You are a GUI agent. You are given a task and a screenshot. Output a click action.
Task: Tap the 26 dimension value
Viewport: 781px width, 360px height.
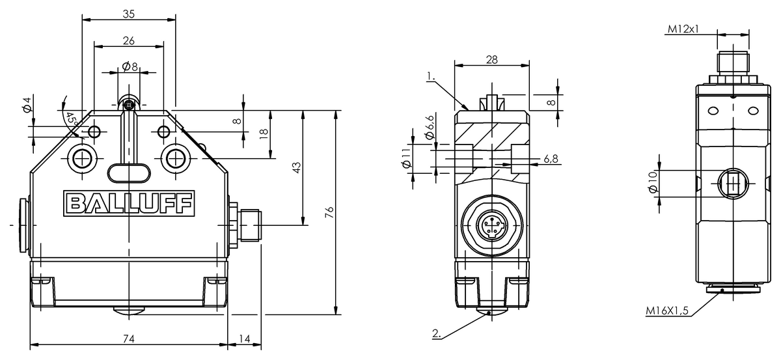tap(128, 40)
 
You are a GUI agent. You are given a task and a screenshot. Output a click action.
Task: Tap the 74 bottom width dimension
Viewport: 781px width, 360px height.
tap(128, 339)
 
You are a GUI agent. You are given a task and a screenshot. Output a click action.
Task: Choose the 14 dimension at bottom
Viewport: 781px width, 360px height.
tap(244, 339)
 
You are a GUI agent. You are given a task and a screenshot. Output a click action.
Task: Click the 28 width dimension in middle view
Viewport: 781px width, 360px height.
tap(491, 59)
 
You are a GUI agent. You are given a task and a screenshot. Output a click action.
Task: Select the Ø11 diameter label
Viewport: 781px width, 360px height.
tap(407, 159)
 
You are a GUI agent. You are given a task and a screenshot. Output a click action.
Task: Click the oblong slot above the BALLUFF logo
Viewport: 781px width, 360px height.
tap(128, 173)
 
